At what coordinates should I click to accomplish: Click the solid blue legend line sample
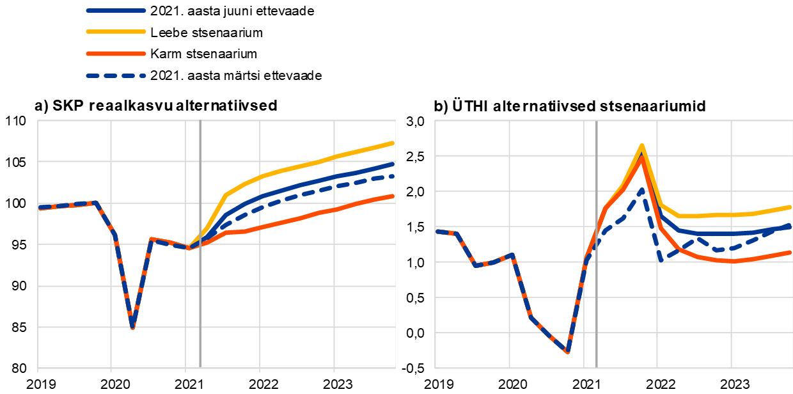coord(116,11)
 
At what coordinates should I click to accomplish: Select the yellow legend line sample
coord(116,31)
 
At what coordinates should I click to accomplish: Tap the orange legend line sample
coord(116,54)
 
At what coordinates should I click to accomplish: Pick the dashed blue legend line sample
coord(116,75)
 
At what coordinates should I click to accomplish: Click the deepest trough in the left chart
coord(132,327)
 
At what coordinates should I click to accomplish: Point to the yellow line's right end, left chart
coord(393,143)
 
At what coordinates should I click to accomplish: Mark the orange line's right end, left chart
coord(393,196)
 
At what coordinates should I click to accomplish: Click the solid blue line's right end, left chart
coord(393,164)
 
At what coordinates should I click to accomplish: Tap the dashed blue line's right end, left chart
coord(393,175)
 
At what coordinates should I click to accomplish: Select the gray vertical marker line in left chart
coord(200,288)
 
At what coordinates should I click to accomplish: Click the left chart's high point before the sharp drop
coord(95,202)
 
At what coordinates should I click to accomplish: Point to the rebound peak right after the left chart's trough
coord(151,239)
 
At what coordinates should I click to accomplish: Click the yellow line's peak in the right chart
coord(641,145)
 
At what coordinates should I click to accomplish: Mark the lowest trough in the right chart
coord(567,352)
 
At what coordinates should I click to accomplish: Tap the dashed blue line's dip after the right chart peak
coord(661,260)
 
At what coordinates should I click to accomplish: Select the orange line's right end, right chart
coord(790,252)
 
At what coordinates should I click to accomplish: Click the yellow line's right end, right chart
coord(790,207)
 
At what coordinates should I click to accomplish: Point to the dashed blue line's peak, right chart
coord(641,189)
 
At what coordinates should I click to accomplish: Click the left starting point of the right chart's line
coord(436,231)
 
